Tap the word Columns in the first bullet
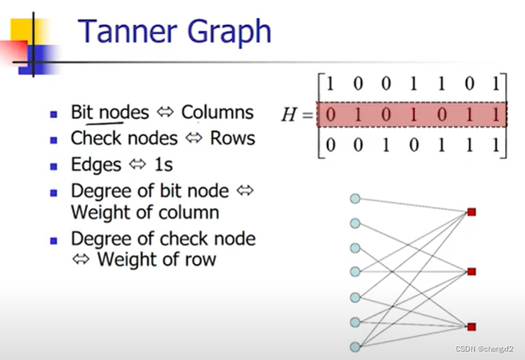point(217,113)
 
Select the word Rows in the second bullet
point(233,138)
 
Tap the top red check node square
point(472,212)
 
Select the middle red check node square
point(472,272)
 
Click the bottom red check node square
point(472,326)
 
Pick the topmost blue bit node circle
point(354,198)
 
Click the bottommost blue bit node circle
point(354,346)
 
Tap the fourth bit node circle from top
point(354,272)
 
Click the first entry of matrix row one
point(330,83)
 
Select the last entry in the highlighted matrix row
point(497,115)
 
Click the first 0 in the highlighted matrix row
point(330,115)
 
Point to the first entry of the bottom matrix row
point(330,145)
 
